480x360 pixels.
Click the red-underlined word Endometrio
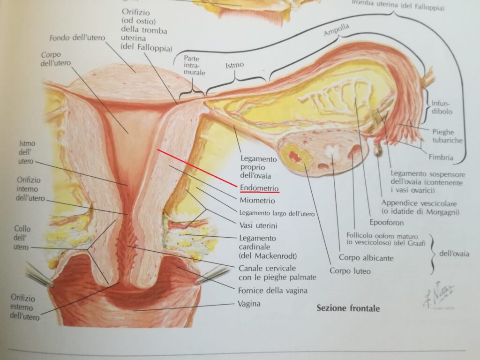259,187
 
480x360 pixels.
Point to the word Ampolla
337,31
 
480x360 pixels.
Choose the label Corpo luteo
350,270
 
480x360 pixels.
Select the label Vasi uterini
258,225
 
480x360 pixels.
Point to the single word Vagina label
249,303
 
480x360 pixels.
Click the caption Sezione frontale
348,308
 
